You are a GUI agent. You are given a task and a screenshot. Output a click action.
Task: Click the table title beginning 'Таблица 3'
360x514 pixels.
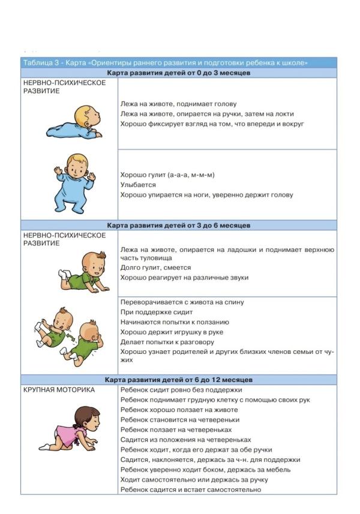tap(166, 62)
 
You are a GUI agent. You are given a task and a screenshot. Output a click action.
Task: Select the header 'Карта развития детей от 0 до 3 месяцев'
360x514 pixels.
tap(178, 73)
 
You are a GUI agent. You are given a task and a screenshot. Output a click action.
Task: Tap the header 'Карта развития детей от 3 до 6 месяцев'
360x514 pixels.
tap(178, 226)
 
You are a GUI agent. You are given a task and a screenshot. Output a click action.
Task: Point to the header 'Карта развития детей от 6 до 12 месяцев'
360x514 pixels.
tap(178, 380)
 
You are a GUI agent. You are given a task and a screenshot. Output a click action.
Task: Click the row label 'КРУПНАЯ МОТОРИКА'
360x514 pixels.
tap(59, 390)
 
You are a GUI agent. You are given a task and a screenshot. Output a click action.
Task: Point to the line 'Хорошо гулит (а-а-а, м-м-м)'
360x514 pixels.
tap(167, 175)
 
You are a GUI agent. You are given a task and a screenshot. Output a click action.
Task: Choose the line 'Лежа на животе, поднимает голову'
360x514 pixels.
tap(178, 104)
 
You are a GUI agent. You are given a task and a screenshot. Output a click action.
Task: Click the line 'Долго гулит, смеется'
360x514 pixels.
tap(155, 267)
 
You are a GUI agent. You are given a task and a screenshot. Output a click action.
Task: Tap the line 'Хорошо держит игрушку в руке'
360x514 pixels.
tap(172, 332)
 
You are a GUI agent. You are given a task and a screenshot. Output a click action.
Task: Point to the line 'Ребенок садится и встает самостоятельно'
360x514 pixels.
tap(190, 489)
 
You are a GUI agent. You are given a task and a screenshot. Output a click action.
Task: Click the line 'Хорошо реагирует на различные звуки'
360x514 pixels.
tap(184, 278)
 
